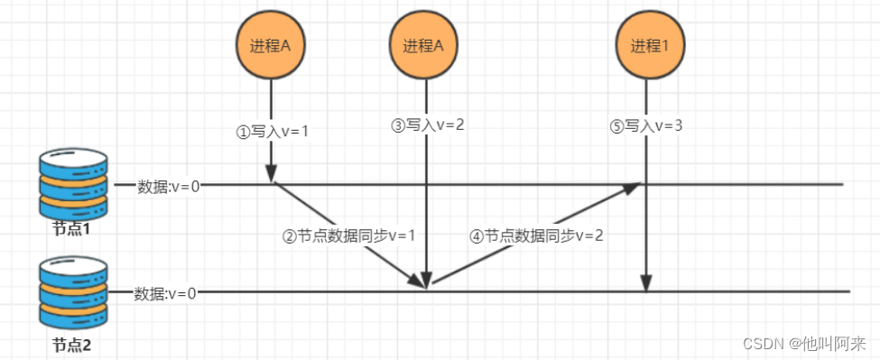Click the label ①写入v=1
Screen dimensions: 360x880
pyautogui.click(x=272, y=130)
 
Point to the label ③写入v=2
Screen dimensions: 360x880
pyautogui.click(x=427, y=125)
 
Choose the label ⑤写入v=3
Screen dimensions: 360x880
pyautogui.click(x=645, y=125)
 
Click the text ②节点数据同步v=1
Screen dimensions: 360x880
pyautogui.click(x=348, y=236)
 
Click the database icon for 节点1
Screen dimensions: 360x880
pyautogui.click(x=73, y=184)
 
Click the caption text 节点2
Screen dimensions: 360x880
pyautogui.click(x=72, y=345)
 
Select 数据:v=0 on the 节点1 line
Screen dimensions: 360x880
pyautogui.click(x=169, y=186)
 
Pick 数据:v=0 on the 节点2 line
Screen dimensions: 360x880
pyautogui.click(x=166, y=293)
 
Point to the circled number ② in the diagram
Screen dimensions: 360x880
pyautogui.click(x=290, y=236)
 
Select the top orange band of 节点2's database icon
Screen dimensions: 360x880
pyautogui.click(x=73, y=282)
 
